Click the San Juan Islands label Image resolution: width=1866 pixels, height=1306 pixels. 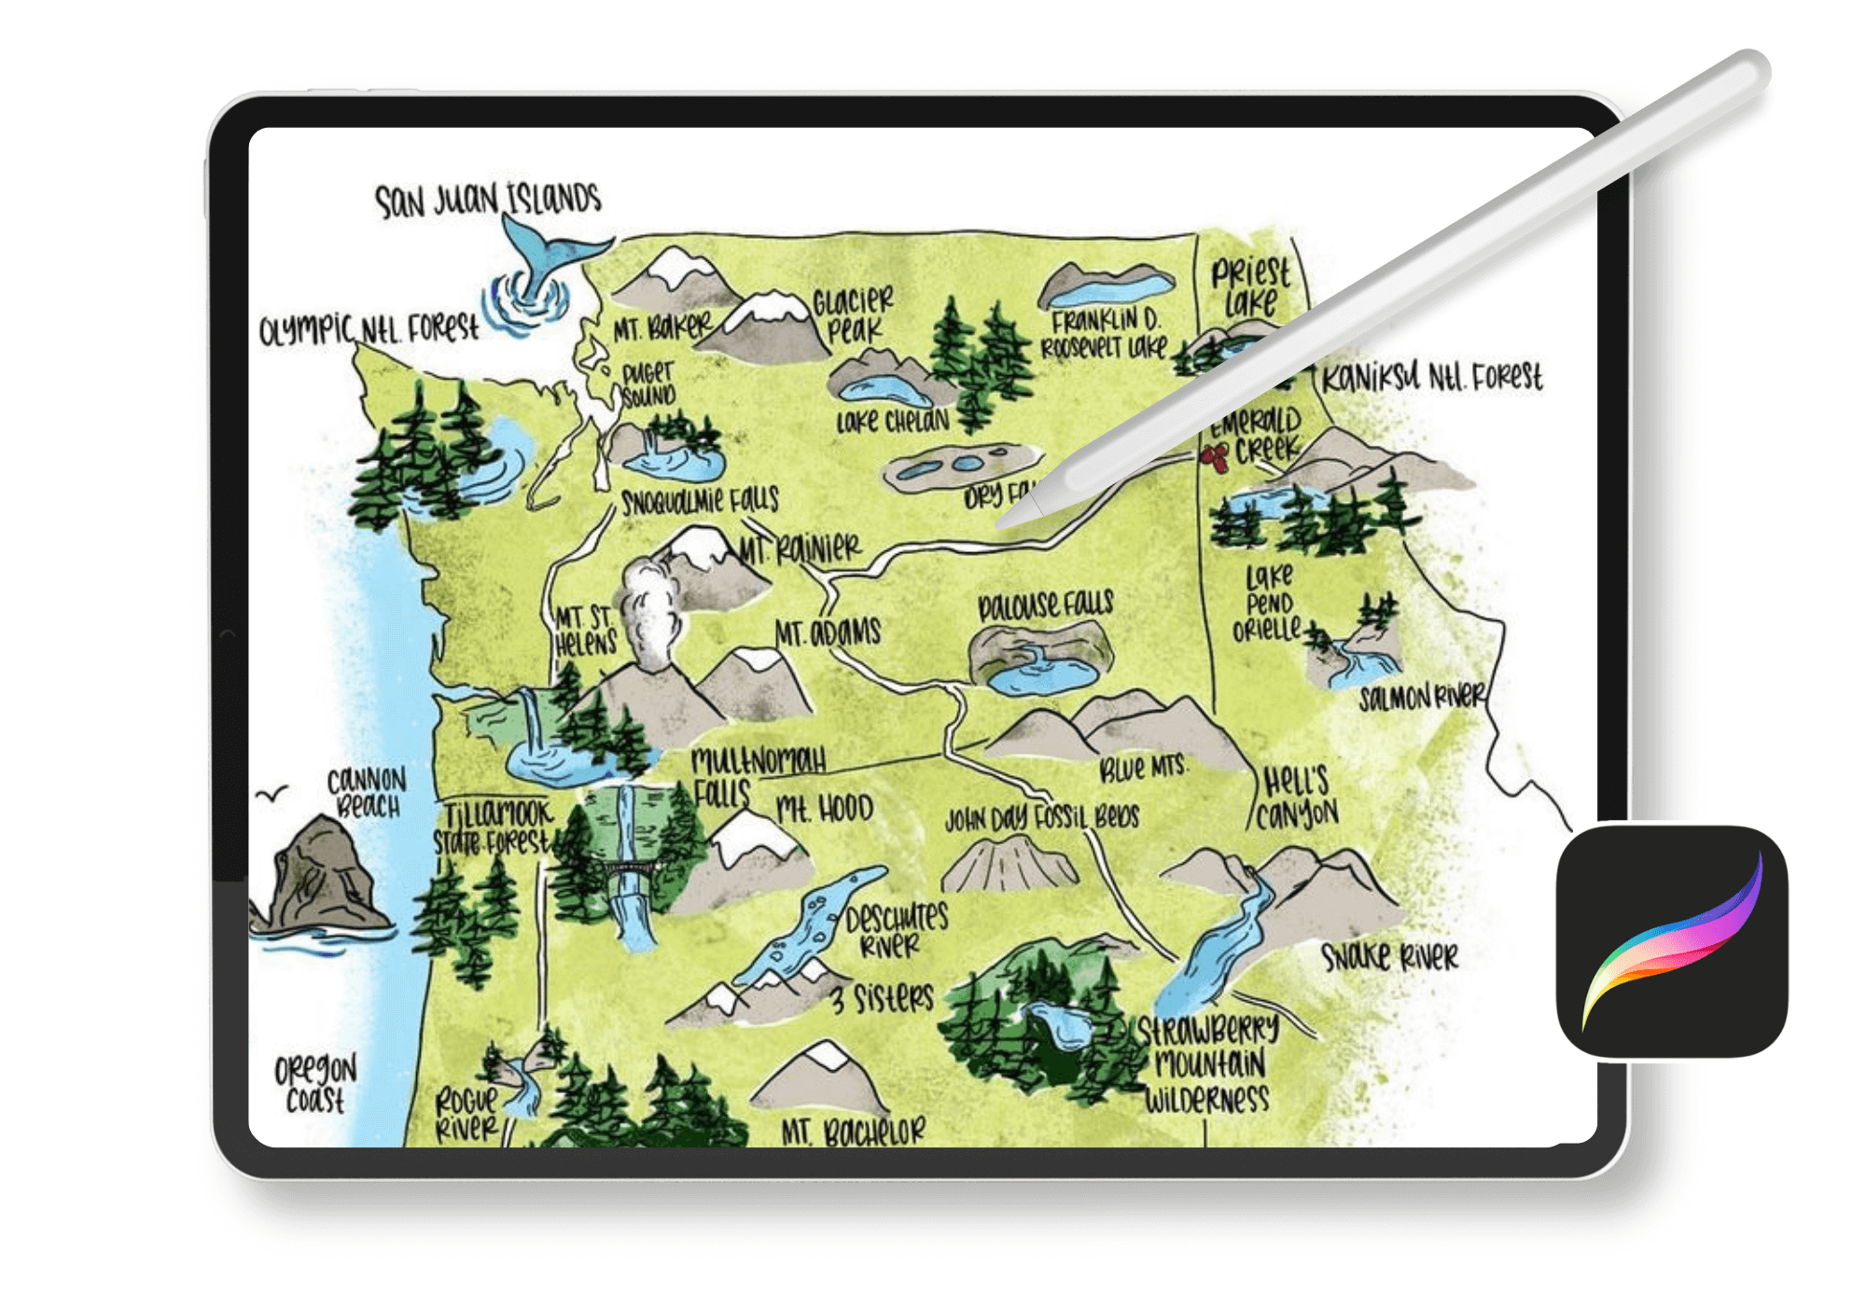(x=487, y=200)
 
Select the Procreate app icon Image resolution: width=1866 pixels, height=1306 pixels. (x=1671, y=940)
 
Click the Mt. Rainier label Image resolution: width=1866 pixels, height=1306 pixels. (x=801, y=549)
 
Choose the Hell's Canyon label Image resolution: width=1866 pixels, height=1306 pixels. (x=1297, y=799)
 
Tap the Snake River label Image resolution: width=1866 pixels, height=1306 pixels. (x=1389, y=956)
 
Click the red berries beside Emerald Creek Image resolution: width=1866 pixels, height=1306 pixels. (x=1215, y=457)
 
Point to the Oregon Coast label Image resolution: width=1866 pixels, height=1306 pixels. (x=315, y=1084)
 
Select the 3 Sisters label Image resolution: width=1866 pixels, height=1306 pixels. (x=883, y=998)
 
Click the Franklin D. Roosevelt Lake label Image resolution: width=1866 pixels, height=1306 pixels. (x=1105, y=334)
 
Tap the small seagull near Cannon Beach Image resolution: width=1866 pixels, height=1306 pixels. (x=272, y=795)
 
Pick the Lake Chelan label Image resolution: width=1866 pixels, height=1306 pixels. (x=892, y=422)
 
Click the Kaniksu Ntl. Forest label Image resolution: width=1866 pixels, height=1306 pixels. (x=1432, y=378)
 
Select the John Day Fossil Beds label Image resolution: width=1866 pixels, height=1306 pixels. (x=1042, y=818)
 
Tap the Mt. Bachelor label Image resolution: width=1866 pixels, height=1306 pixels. (x=853, y=1132)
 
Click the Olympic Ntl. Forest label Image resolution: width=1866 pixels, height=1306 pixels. (x=369, y=328)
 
